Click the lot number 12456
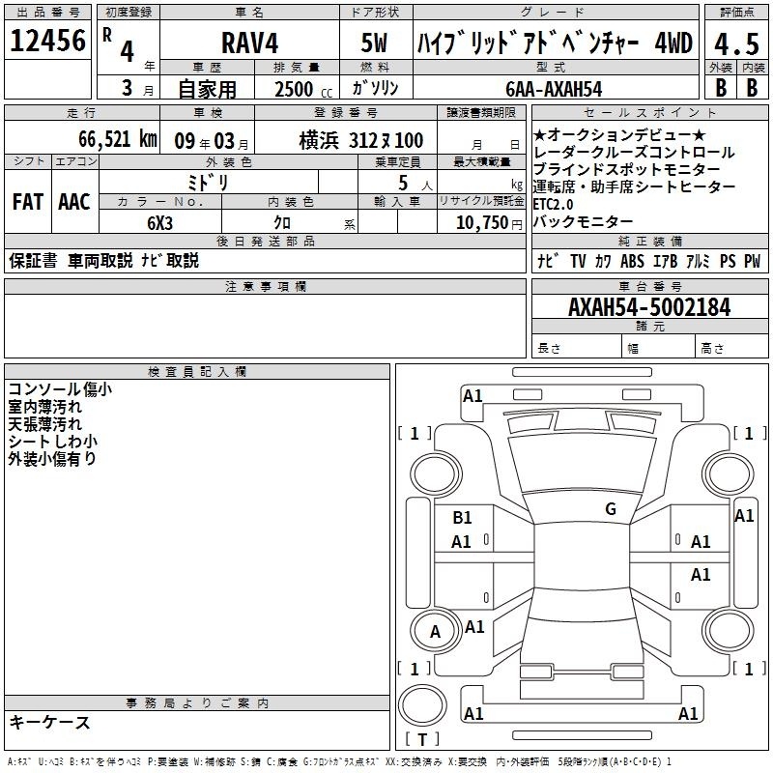tap(47, 41)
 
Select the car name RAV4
tap(249, 43)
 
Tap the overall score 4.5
tap(736, 44)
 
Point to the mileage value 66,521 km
tap(118, 139)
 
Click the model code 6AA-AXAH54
tap(554, 89)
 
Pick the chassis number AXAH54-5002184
tap(649, 307)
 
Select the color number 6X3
tap(159, 223)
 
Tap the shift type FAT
tap(28, 202)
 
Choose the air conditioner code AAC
tap(74, 202)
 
